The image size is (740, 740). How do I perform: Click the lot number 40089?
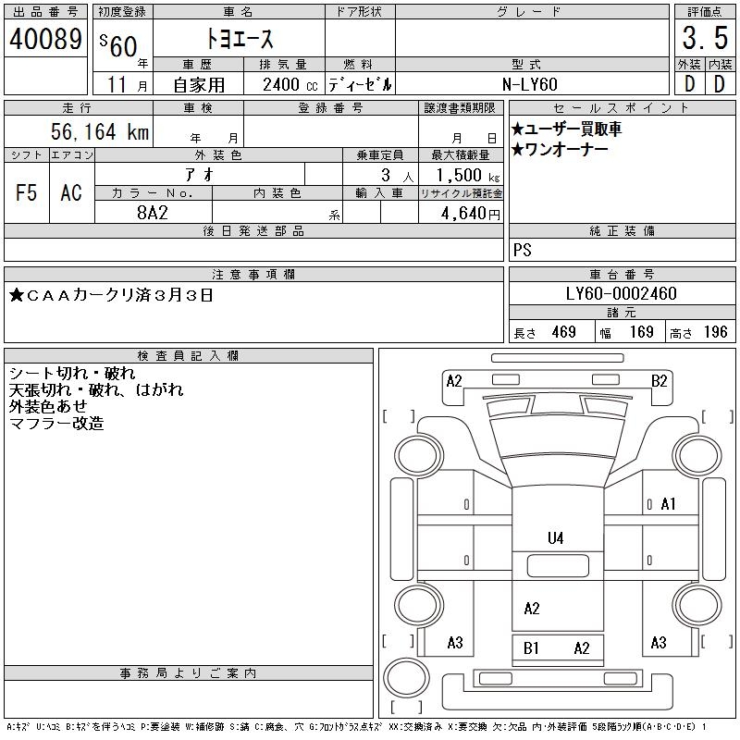(x=45, y=39)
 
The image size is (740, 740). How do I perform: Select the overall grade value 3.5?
(x=705, y=38)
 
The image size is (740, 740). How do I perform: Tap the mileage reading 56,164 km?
(x=100, y=131)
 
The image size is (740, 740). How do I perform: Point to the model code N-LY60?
(x=530, y=84)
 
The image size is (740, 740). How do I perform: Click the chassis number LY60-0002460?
(x=621, y=293)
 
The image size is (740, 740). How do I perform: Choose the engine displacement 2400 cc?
(x=290, y=85)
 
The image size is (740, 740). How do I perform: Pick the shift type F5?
(x=26, y=192)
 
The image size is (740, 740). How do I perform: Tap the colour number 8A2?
(x=153, y=213)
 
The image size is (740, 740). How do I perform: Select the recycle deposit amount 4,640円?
(x=470, y=214)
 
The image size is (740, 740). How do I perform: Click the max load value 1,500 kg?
(x=467, y=176)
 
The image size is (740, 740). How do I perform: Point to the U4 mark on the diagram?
(x=556, y=538)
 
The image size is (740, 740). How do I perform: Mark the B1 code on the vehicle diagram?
(x=531, y=648)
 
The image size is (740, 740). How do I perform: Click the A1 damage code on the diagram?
(x=668, y=504)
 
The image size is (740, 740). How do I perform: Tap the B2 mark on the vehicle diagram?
(x=659, y=381)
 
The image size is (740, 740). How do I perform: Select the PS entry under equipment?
(x=522, y=250)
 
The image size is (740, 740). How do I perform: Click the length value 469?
(x=563, y=332)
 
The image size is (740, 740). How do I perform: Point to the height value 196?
(x=715, y=332)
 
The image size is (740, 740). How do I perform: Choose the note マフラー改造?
(x=56, y=424)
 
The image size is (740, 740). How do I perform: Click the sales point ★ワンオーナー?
(x=560, y=150)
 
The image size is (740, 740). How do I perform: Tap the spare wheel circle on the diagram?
(x=406, y=678)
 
